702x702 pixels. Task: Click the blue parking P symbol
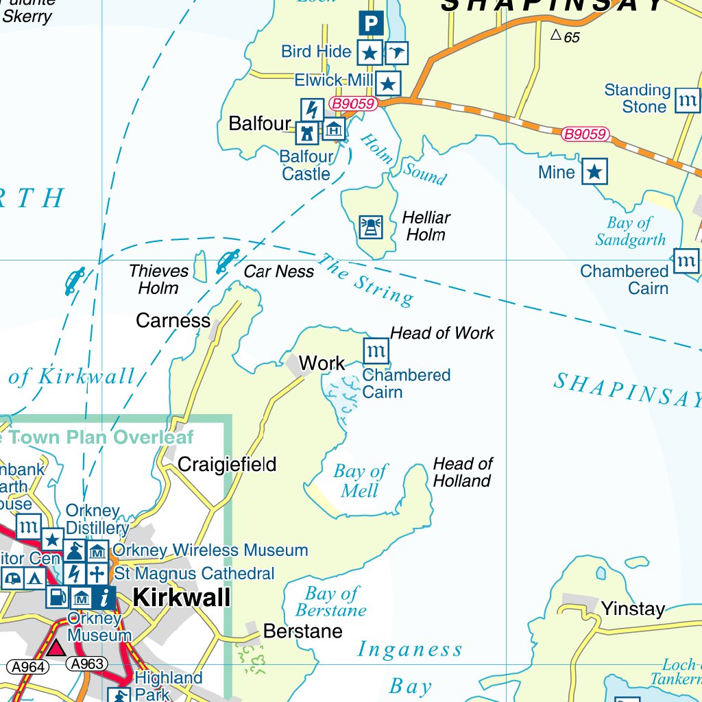click(x=370, y=25)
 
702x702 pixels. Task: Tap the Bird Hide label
click(x=316, y=51)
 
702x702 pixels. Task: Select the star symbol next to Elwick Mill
click(x=388, y=84)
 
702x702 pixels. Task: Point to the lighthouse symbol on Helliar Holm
click(x=371, y=227)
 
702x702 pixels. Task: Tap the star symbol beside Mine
click(x=594, y=171)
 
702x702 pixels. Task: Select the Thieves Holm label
click(x=158, y=280)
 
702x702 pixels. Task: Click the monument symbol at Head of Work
click(x=376, y=351)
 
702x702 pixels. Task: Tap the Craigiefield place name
click(x=227, y=465)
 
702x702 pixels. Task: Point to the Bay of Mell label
click(x=361, y=481)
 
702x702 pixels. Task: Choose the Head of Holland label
click(x=462, y=472)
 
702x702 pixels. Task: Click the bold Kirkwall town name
click(x=182, y=597)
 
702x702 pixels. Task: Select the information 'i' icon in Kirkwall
click(x=104, y=597)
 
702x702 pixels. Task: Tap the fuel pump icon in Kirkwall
click(x=58, y=597)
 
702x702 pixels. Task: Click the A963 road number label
click(x=87, y=664)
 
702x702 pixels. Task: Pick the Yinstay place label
click(x=633, y=609)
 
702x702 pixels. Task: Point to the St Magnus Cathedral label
click(x=194, y=573)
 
